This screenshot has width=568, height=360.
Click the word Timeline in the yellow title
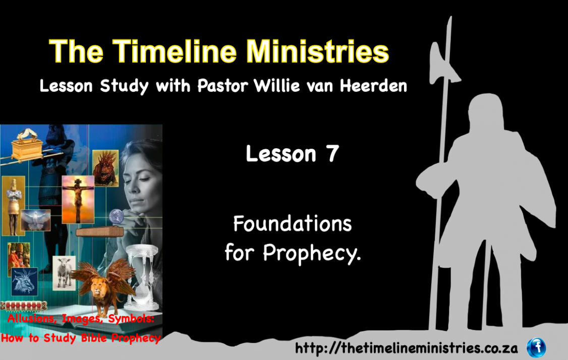(x=175, y=51)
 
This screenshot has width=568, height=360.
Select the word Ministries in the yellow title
(x=317, y=51)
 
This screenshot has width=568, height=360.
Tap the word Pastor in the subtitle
(x=223, y=86)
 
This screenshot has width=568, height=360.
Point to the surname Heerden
(x=373, y=86)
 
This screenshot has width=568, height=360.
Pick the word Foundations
(x=293, y=223)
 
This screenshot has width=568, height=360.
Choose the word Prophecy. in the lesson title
(x=312, y=253)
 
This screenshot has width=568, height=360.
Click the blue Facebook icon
(x=536, y=348)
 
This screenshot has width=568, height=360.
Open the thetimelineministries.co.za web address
(x=407, y=348)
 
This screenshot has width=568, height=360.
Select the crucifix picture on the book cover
(x=78, y=200)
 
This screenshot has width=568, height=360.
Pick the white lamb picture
(x=64, y=273)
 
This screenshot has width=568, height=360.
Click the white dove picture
(x=35, y=220)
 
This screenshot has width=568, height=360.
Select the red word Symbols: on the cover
(x=131, y=319)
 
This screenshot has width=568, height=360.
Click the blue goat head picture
(x=24, y=281)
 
